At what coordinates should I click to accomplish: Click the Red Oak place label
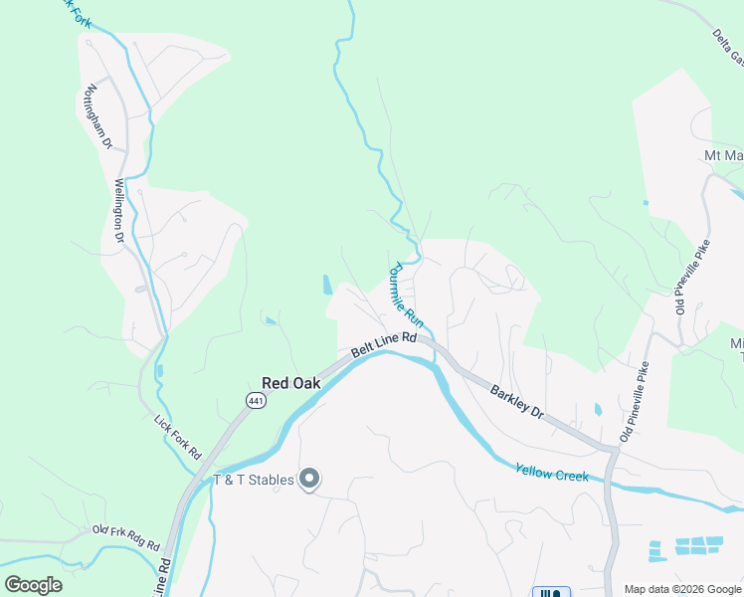pyautogui.click(x=292, y=382)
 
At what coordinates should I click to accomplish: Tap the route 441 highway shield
pyautogui.click(x=256, y=400)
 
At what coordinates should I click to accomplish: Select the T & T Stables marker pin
pyautogui.click(x=309, y=480)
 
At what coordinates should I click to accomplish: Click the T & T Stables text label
pyautogui.click(x=254, y=480)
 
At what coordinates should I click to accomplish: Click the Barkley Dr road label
pyautogui.click(x=517, y=402)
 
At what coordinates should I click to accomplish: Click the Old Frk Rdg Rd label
pyautogui.click(x=125, y=538)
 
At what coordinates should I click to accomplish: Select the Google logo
pyautogui.click(x=33, y=584)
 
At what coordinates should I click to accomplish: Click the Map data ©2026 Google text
pyautogui.click(x=681, y=589)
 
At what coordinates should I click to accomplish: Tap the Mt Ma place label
pyautogui.click(x=723, y=155)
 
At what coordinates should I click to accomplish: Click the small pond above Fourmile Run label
pyautogui.click(x=328, y=285)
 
